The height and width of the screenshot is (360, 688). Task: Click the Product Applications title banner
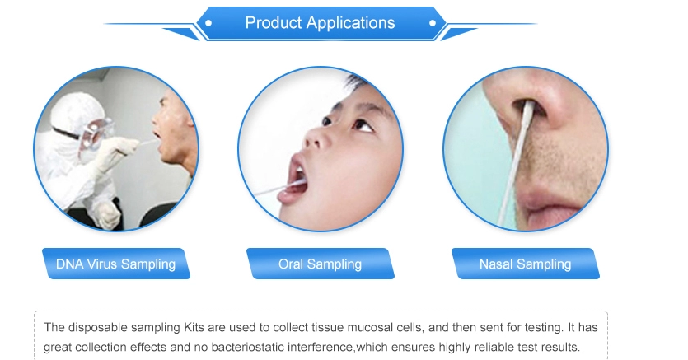(321, 23)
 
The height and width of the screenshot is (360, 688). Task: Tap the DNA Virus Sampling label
(116, 264)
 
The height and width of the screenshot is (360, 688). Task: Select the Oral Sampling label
(321, 264)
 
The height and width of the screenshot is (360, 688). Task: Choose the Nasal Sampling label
(525, 264)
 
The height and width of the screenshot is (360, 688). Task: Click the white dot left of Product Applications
(208, 23)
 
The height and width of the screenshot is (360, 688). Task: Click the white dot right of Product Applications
(433, 23)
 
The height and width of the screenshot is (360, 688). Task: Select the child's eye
(363, 125)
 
